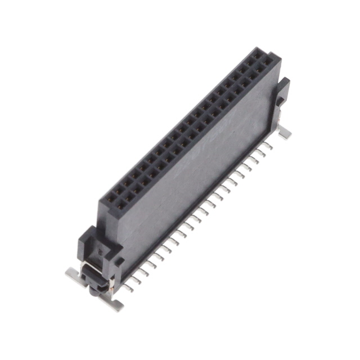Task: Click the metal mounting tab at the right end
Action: click(285, 133)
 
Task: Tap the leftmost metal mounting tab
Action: click(73, 274)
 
